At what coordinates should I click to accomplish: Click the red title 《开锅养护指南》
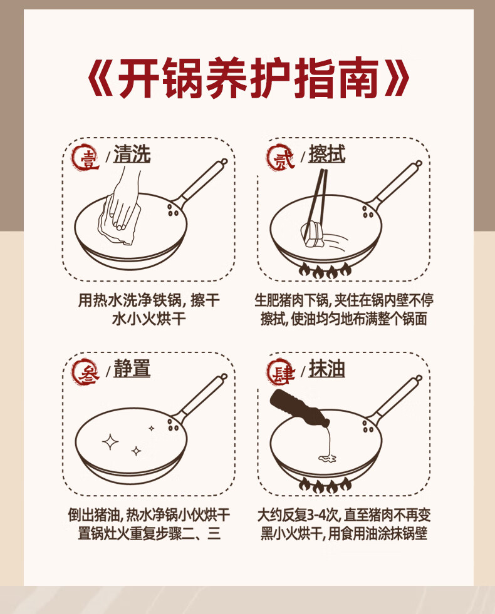click(247, 78)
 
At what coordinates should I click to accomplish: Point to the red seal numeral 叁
click(85, 372)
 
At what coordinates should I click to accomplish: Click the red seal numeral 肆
click(280, 372)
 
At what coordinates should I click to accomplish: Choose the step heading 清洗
click(132, 154)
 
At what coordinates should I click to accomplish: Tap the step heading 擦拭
click(327, 154)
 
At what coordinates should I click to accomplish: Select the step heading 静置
click(132, 369)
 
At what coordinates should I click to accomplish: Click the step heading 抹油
click(327, 369)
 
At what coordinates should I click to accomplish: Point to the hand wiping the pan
click(124, 200)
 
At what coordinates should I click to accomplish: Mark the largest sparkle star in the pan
click(110, 442)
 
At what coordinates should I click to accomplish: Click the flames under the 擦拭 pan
click(325, 270)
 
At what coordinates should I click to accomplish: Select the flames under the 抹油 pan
click(325, 485)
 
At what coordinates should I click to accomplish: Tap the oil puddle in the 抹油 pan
click(327, 458)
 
